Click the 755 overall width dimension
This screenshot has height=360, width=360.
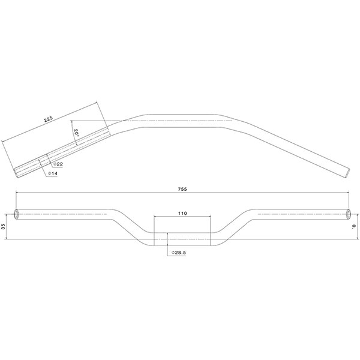pyautogui.click(x=182, y=189)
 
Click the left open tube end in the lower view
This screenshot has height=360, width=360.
pyautogui.click(x=16, y=214)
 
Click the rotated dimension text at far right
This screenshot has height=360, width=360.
pyautogui.click(x=354, y=226)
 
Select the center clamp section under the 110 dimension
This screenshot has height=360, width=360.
pyautogui.click(x=182, y=239)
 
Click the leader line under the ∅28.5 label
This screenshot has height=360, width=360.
pyautogui.click(x=167, y=250)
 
